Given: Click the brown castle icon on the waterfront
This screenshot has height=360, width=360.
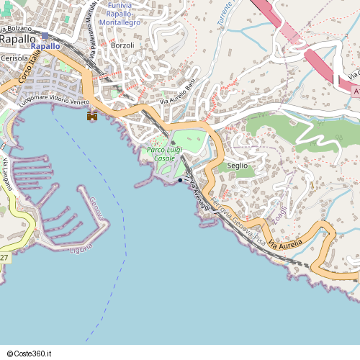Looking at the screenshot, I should tap(92, 115).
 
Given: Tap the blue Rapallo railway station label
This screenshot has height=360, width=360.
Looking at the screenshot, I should tap(45, 47).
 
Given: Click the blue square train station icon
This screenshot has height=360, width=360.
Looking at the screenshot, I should tap(45, 35).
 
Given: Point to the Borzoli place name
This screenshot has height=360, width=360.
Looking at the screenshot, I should tap(123, 45).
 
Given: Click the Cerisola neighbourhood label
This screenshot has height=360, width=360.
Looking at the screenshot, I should tap(16, 58).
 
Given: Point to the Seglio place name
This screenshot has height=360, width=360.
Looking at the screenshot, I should tap(237, 165).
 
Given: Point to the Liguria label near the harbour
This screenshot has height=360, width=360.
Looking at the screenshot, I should tap(81, 248).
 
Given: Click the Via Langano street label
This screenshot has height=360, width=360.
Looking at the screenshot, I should tap(8, 173).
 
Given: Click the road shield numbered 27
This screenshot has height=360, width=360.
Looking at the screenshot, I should tap(4, 258).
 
